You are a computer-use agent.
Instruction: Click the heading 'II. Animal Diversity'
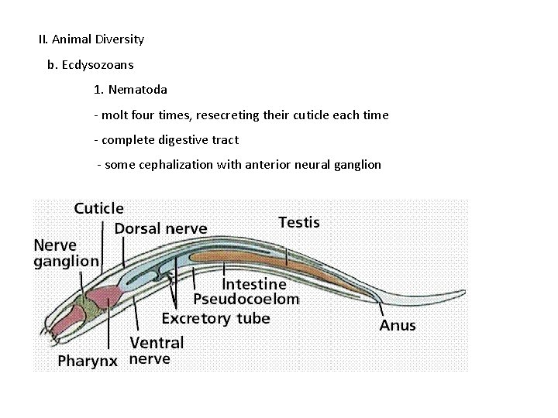pos(91,39)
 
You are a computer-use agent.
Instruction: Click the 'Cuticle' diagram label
pos(98,208)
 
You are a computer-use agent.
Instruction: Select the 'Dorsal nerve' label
pos(160,228)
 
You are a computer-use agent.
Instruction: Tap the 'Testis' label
pos(298,222)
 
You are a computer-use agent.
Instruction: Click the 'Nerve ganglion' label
pos(66,252)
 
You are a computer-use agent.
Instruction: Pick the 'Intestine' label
pos(254,283)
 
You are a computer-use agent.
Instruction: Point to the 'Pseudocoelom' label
pos(246,300)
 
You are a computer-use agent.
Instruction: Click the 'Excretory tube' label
pos(215,318)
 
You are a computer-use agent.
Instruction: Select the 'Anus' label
pos(397,325)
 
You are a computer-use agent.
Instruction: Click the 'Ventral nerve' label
pos(156,350)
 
